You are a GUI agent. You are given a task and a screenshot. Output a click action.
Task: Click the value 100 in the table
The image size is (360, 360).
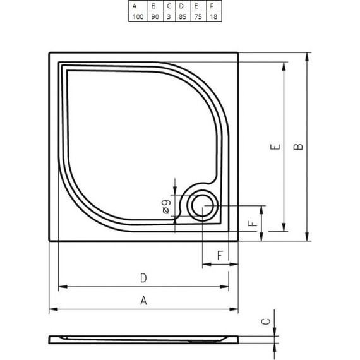point(137,16)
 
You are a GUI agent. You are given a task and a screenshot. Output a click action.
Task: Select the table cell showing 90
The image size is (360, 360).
point(154,16)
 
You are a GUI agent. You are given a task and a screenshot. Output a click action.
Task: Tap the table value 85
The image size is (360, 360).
point(182,16)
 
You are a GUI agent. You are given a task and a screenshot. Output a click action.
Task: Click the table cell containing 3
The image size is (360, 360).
point(168,16)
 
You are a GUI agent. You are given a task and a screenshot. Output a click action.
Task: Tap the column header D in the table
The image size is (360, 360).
point(182,6)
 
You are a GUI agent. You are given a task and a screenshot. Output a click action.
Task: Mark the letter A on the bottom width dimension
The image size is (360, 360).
point(143,301)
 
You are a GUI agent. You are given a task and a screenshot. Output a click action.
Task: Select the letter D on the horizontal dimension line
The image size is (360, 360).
point(143,279)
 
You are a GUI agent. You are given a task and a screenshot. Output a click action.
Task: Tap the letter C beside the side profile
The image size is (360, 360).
point(267,321)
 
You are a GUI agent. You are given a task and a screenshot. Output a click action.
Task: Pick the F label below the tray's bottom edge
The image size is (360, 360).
point(219,255)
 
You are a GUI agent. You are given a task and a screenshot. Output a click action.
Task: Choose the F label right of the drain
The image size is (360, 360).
point(252,224)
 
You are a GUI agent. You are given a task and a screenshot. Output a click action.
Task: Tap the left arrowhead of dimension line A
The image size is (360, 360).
point(52,309)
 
